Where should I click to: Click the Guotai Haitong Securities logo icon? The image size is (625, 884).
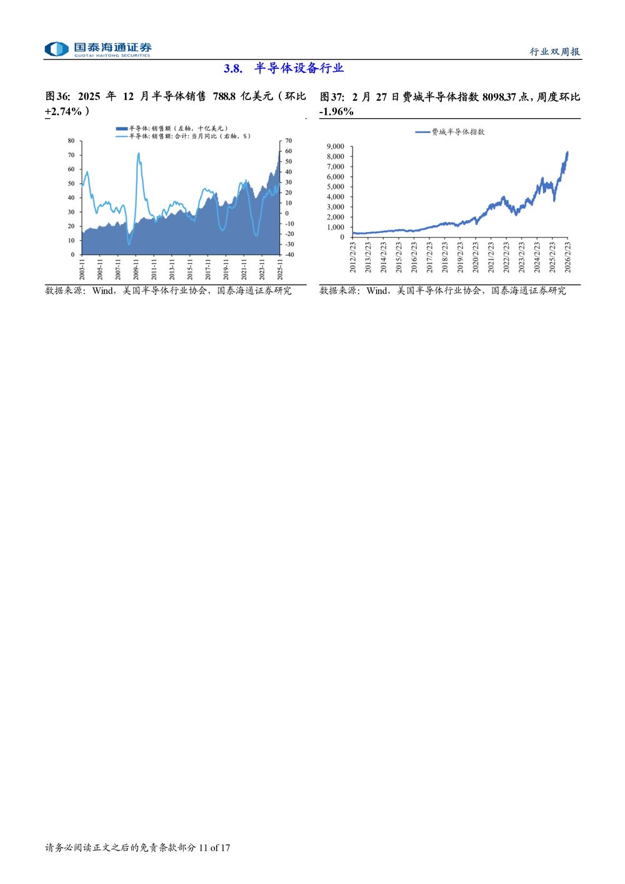click(56, 49)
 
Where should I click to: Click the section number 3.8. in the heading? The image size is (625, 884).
click(232, 69)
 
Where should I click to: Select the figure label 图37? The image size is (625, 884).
click(332, 96)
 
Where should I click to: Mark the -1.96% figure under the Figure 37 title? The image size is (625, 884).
click(337, 111)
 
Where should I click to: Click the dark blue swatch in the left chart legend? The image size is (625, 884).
click(121, 128)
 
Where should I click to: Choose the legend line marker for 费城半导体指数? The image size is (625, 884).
click(423, 132)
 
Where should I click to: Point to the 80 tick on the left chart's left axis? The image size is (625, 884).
click(71, 141)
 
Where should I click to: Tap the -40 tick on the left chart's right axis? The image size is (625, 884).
click(289, 254)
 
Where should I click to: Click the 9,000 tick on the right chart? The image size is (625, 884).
click(335, 146)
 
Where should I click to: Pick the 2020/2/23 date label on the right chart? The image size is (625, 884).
click(475, 257)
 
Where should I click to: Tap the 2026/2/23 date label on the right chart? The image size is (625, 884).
click(567, 257)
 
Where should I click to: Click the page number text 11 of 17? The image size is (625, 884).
click(214, 848)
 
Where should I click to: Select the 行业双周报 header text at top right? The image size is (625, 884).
click(555, 52)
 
